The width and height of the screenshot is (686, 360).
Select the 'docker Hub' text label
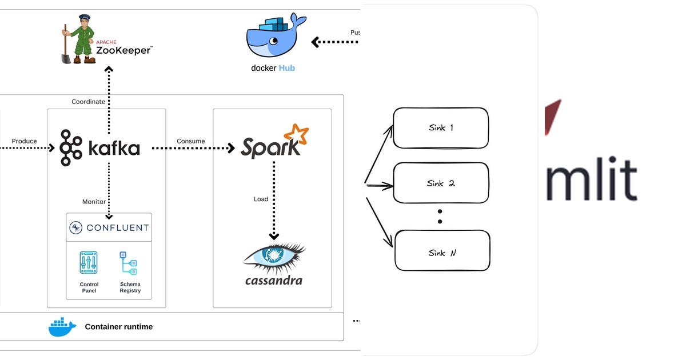pyautogui.click(x=273, y=68)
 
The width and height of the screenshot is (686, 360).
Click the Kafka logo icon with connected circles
pyautogui.click(x=71, y=148)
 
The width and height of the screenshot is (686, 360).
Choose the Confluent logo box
pyautogui.click(x=109, y=227)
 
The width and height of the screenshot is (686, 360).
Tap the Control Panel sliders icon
pyautogui.click(x=89, y=262)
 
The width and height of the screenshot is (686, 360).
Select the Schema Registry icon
pyautogui.click(x=129, y=263)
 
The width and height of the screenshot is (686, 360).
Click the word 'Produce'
pyautogui.click(x=24, y=141)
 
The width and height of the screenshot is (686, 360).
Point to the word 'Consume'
pyautogui.click(x=190, y=141)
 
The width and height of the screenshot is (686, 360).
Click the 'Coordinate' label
pyautogui.click(x=88, y=102)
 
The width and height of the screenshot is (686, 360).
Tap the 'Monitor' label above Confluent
pyautogui.click(x=94, y=201)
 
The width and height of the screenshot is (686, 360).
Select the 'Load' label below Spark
pyautogui.click(x=261, y=199)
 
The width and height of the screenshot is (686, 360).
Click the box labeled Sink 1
pyautogui.click(x=440, y=128)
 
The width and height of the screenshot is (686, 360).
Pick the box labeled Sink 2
pyautogui.click(x=440, y=183)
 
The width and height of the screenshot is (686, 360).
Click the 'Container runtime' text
pyautogui.click(x=118, y=327)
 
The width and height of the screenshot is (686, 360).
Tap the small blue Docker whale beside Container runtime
pyautogui.click(x=62, y=327)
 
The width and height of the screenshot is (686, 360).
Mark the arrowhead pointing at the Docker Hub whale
pyautogui.click(x=315, y=42)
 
